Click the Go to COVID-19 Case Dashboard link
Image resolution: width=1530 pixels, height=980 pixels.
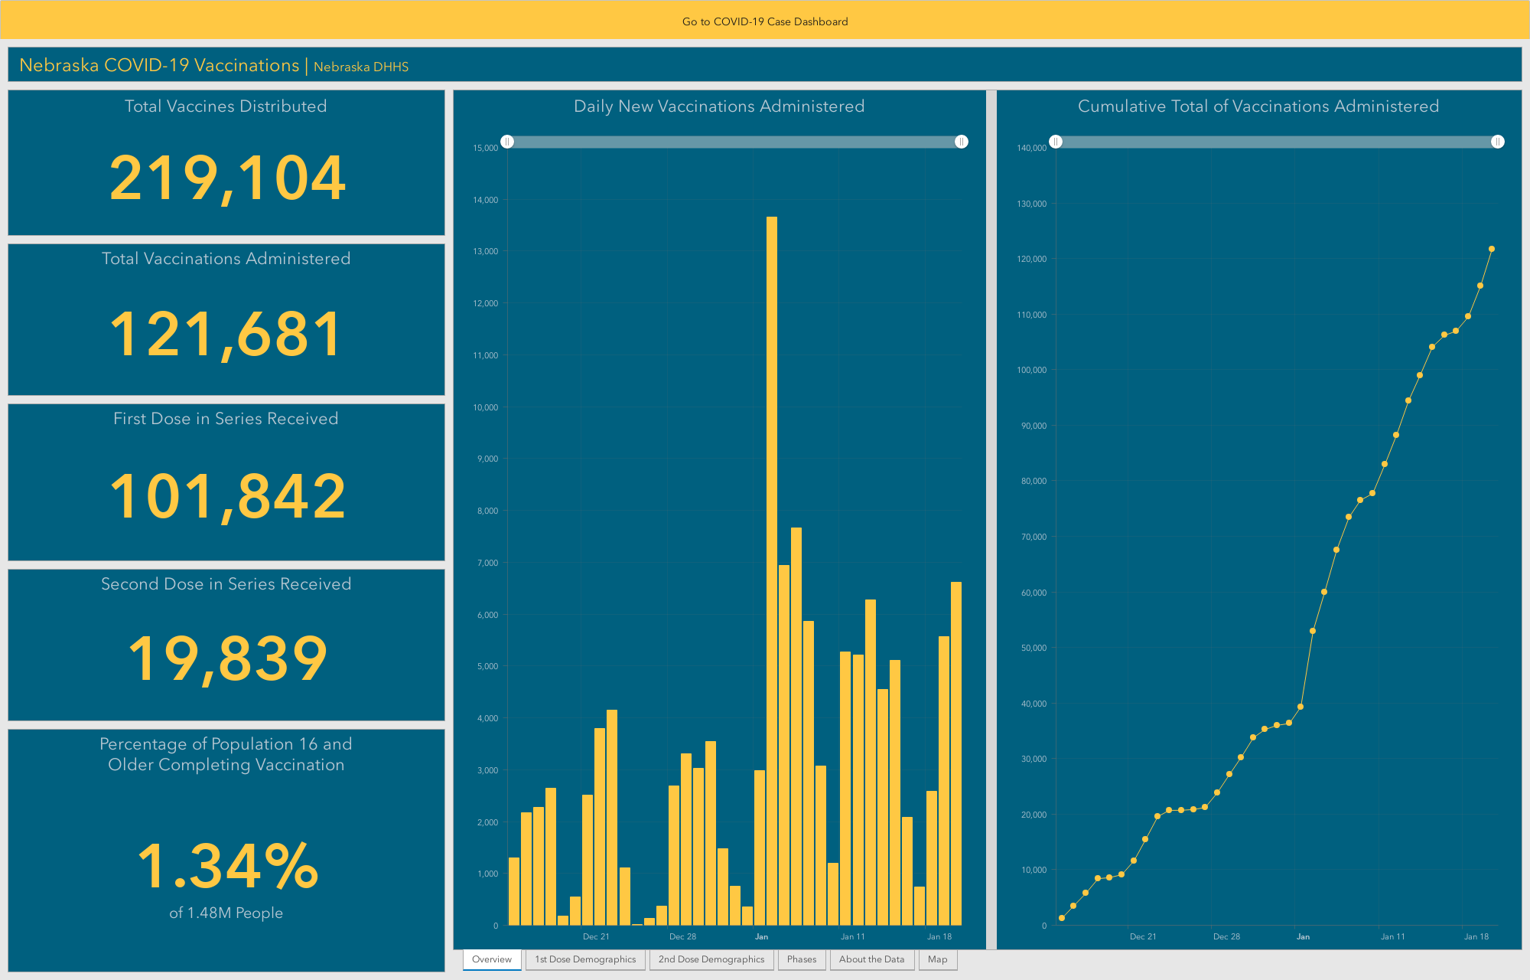coord(765,21)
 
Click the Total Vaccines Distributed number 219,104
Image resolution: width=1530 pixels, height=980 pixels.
coord(227,178)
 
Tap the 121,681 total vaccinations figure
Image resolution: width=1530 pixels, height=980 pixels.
coord(226,335)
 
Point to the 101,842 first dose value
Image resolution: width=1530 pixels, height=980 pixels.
coord(227,496)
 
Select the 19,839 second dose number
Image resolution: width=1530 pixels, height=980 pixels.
coord(227,658)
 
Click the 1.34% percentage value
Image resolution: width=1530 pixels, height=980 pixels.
coord(227,866)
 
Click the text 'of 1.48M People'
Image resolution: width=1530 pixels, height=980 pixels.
coord(226,913)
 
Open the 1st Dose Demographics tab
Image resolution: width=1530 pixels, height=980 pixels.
coord(585,959)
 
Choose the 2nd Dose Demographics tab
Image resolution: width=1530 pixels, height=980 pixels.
coord(711,959)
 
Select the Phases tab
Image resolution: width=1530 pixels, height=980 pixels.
coord(802,959)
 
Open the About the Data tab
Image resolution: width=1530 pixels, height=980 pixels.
coord(871,959)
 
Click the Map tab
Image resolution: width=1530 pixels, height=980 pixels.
coord(937,959)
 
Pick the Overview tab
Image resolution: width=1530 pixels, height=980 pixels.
coord(492,959)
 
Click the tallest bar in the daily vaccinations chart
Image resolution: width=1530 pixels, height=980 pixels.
coord(772,571)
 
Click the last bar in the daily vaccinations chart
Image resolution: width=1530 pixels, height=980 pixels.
coord(956,753)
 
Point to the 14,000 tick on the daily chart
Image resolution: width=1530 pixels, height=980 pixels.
coord(486,200)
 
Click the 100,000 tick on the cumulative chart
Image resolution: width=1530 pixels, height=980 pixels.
coord(1031,370)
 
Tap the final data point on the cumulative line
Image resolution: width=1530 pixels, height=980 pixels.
coord(1492,249)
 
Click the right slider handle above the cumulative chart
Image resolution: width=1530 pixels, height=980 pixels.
coord(1498,142)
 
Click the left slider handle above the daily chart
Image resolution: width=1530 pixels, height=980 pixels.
coord(507,142)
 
